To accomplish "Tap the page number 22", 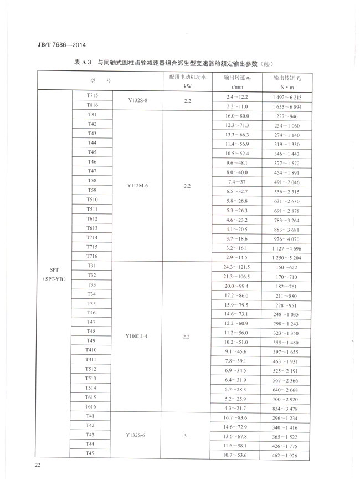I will (37, 463).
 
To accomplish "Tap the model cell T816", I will (92, 105).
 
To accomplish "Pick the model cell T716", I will (92, 256).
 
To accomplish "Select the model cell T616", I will (92, 407).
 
